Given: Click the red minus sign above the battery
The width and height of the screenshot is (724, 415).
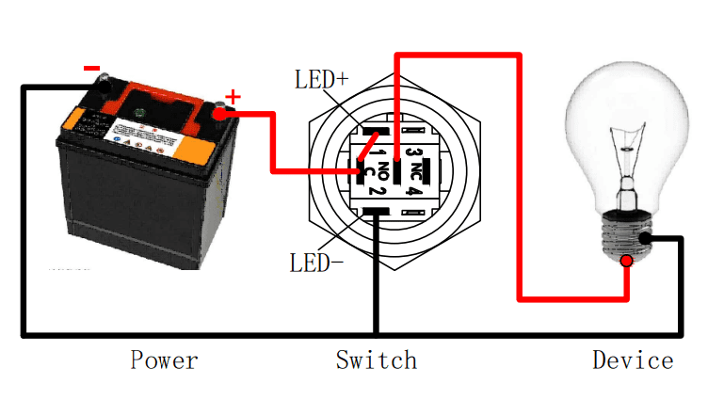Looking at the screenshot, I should pos(91,68).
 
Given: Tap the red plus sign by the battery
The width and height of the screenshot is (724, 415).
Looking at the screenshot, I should pos(233,96).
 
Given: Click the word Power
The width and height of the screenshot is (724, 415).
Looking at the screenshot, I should pos(164,359).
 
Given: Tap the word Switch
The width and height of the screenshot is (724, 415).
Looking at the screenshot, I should pos(376,359).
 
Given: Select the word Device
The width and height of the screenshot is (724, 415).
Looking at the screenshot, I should pos(633,359).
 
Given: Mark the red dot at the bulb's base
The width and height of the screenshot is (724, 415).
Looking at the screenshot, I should pos(626,260).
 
